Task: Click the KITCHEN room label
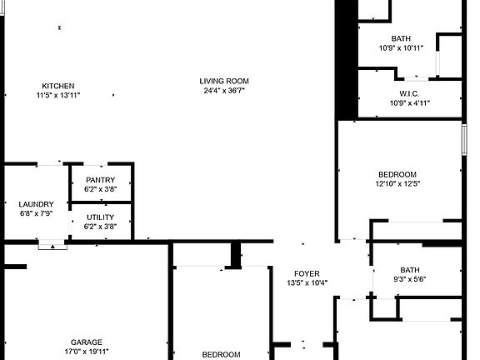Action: tap(58, 86)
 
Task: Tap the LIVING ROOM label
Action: tap(223, 81)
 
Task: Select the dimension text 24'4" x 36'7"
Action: tap(223, 91)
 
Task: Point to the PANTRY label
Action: tap(100, 180)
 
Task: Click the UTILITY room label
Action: tap(100, 217)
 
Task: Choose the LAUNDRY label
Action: tap(36, 204)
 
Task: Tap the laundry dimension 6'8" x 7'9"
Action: tap(36, 214)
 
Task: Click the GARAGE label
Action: tap(86, 342)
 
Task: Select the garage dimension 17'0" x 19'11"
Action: tap(86, 352)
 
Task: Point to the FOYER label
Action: tap(307, 272)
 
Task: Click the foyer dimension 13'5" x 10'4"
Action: tap(307, 282)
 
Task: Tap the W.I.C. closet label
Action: tap(408, 93)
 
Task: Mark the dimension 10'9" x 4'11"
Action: tap(408, 103)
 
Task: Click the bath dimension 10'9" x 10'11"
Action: tap(401, 48)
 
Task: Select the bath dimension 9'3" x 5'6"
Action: tap(409, 280)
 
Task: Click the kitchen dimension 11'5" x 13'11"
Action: tap(58, 96)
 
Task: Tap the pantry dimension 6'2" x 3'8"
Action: tap(100, 189)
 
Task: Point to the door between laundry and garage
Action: tap(52, 245)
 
